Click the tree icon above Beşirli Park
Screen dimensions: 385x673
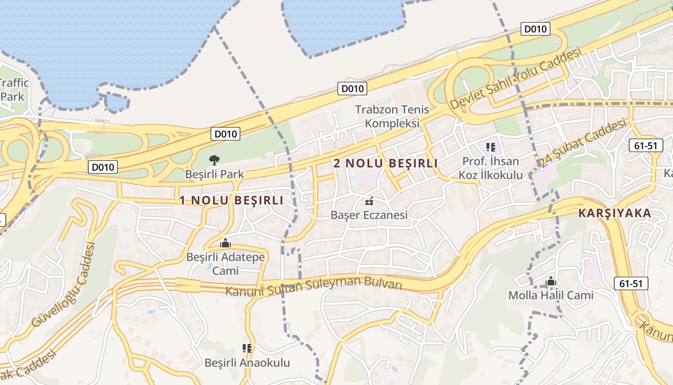(x=214, y=160)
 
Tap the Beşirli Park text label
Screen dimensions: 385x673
(x=215, y=174)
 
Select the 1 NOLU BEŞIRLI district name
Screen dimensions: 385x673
(x=232, y=200)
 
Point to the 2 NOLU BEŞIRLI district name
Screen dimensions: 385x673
(x=386, y=163)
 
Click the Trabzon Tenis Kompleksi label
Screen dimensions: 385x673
(x=392, y=116)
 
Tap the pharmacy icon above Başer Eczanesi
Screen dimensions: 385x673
(x=369, y=201)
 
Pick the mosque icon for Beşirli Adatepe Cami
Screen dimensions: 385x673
(x=225, y=244)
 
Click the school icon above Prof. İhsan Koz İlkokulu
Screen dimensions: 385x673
(x=490, y=147)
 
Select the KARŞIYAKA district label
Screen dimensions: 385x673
(x=614, y=213)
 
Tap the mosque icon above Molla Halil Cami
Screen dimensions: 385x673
(x=551, y=281)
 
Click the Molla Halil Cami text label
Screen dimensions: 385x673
(x=551, y=295)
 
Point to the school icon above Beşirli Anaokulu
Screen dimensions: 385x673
(x=247, y=348)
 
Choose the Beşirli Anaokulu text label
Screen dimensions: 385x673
(x=247, y=362)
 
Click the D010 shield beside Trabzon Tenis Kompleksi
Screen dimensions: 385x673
(x=353, y=89)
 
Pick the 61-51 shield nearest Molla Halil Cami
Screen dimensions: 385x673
(x=631, y=284)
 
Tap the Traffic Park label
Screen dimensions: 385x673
(x=13, y=90)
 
